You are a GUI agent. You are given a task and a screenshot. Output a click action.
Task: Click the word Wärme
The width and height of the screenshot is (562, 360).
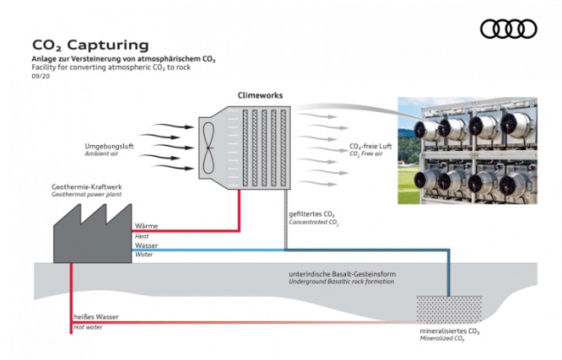[x=147, y=226]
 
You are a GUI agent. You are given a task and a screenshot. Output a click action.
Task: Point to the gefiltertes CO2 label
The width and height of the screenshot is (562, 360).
[x=313, y=213]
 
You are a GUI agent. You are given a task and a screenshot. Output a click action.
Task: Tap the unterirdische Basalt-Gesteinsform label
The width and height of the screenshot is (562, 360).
[x=343, y=274]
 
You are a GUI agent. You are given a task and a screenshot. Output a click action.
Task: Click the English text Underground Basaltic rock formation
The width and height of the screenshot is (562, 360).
[x=342, y=282]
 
